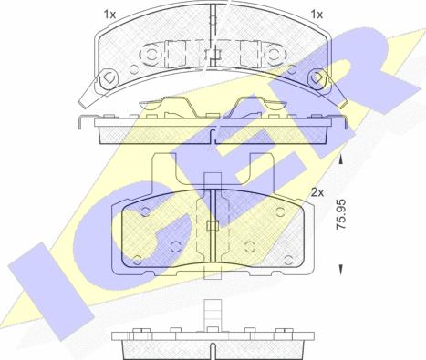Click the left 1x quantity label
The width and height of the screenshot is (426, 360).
pos(109,15)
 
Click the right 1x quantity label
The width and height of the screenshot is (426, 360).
pos(317,15)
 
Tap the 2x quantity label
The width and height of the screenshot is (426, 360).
pos(317,192)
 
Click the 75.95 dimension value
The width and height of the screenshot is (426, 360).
pos(340,214)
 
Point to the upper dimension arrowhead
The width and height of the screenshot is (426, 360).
pos(341,159)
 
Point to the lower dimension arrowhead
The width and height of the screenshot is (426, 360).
pos(341,270)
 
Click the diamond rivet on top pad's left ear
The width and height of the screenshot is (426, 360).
pos(109,78)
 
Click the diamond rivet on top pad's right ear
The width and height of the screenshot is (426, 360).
pos(317,77)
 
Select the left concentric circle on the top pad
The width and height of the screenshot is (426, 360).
pos(151,55)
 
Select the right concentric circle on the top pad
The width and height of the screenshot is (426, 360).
pos(275,54)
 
